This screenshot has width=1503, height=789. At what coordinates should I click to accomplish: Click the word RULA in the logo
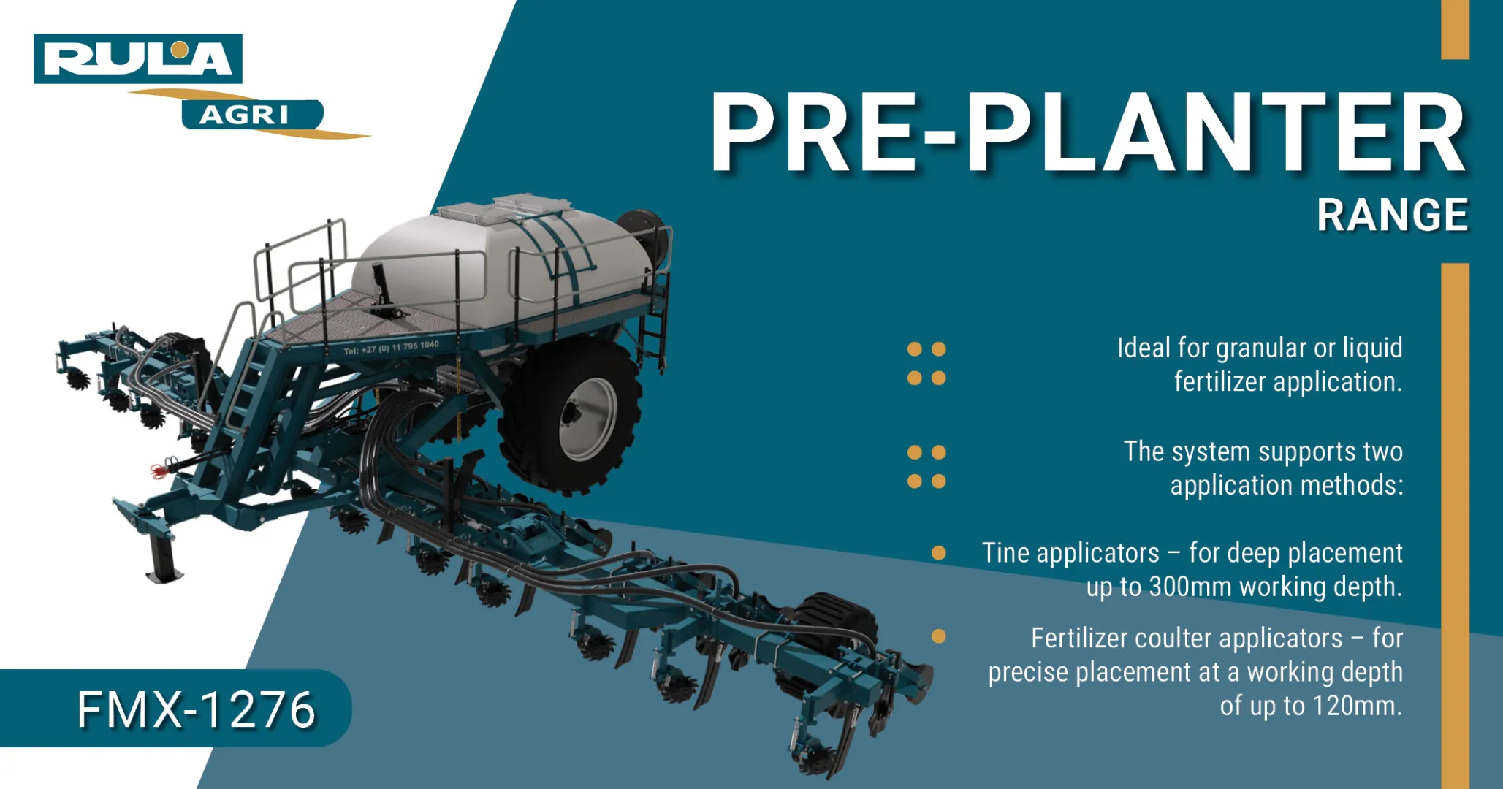(x=138, y=58)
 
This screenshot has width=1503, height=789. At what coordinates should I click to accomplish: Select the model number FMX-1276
(x=196, y=709)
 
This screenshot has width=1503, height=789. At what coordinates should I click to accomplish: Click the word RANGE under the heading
(x=1393, y=215)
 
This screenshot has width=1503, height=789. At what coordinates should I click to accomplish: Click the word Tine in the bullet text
(x=1006, y=553)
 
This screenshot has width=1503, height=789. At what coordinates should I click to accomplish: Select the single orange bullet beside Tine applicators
(x=939, y=553)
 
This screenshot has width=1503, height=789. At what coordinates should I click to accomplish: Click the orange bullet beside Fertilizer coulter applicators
(x=939, y=636)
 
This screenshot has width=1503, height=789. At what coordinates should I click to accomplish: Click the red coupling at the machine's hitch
(x=160, y=470)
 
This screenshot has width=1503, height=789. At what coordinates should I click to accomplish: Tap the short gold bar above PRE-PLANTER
(x=1455, y=29)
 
